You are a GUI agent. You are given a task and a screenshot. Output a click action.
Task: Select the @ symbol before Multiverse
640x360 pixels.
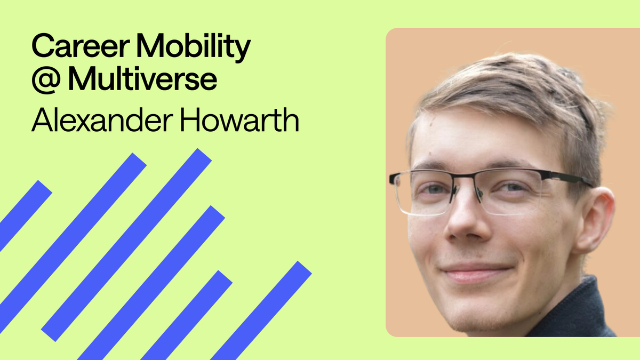click(46, 79)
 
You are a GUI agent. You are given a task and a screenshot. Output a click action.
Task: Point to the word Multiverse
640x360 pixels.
click(142, 79)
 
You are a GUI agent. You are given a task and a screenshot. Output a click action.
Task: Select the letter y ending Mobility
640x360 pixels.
click(242, 52)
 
